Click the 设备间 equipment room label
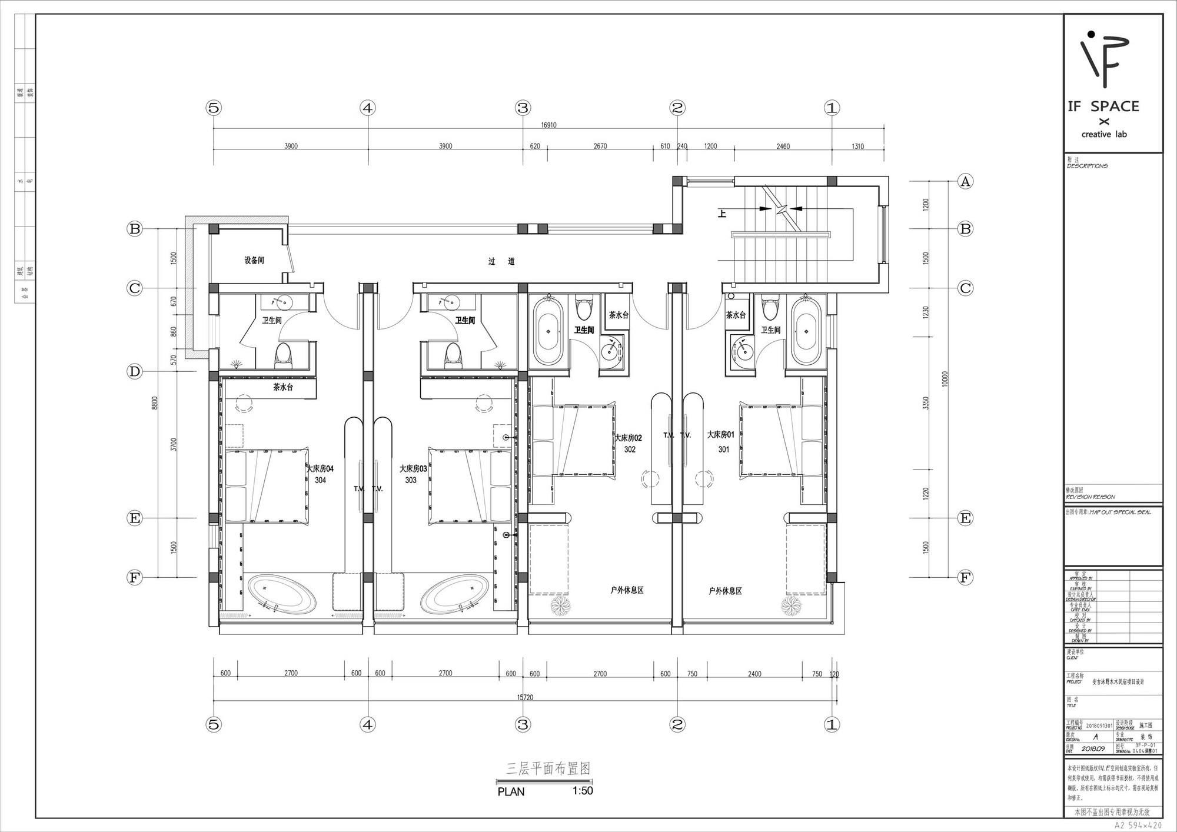point(254,260)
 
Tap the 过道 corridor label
point(501,261)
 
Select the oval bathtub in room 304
point(281,594)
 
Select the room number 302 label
point(630,450)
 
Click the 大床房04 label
point(320,469)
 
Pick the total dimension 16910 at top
point(548,125)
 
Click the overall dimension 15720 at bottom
point(525,697)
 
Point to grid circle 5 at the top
point(214,108)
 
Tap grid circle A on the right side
point(965,181)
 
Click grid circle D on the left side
point(135,371)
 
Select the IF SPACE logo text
point(1103,107)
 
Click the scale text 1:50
point(582,791)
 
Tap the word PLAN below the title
point(511,791)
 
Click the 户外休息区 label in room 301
point(725,591)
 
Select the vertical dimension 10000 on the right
point(945,378)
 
